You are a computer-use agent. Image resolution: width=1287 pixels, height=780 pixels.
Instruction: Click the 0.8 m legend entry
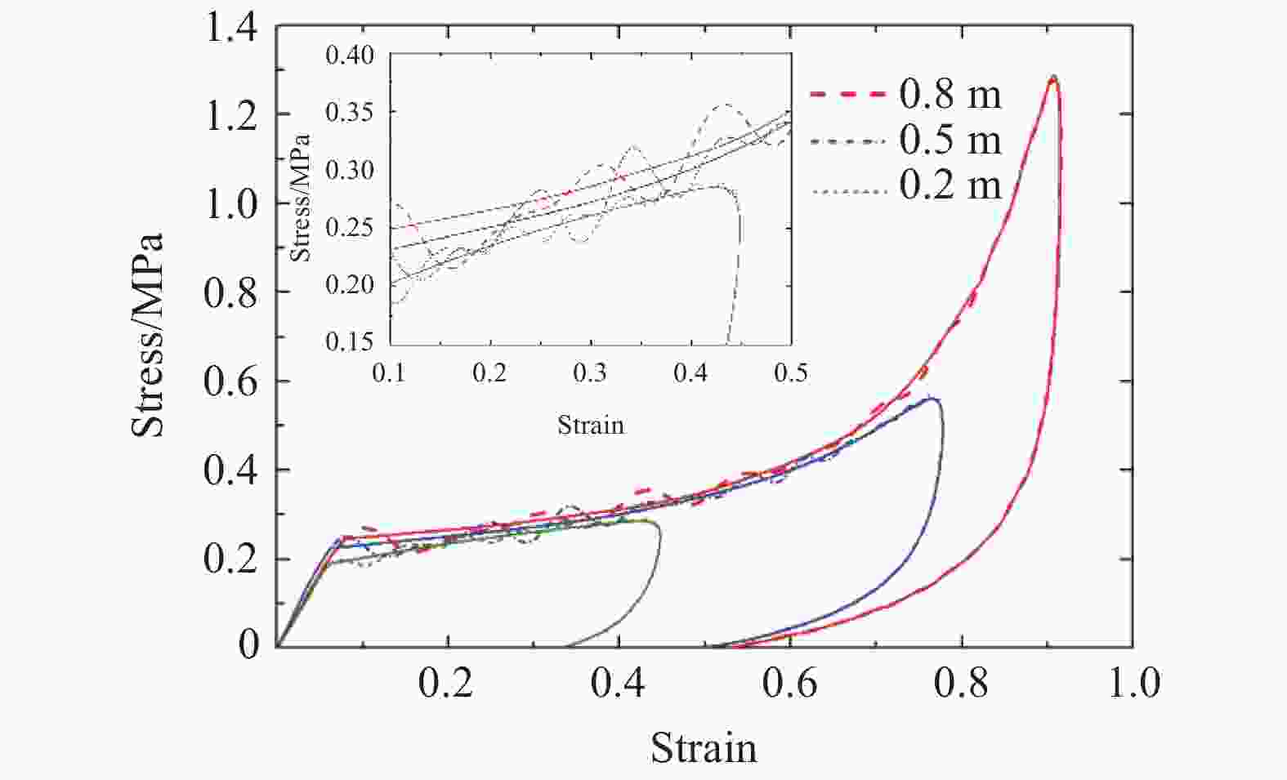click(x=950, y=95)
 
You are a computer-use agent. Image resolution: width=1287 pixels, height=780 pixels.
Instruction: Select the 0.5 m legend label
click(x=950, y=140)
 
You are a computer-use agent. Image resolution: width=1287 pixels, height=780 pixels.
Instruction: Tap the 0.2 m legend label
click(x=950, y=185)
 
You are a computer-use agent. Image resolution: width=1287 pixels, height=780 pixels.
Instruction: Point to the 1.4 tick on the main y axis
click(x=231, y=29)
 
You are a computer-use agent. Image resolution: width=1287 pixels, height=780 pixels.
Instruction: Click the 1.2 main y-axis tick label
click(x=231, y=115)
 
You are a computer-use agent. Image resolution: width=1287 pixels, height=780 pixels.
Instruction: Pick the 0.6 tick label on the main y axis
click(x=231, y=381)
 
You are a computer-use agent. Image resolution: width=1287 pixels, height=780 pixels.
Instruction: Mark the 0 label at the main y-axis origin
click(x=249, y=644)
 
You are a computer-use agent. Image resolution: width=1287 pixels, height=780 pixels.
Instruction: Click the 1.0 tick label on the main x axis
click(x=1133, y=683)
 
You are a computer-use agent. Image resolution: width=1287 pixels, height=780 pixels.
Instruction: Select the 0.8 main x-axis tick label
click(x=962, y=683)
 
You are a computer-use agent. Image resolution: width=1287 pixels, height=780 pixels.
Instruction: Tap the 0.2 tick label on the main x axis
click(x=446, y=683)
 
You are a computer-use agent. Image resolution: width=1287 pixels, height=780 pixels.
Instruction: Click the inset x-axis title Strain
click(x=591, y=425)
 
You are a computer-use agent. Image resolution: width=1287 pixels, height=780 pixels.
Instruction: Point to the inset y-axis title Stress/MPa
click(x=301, y=196)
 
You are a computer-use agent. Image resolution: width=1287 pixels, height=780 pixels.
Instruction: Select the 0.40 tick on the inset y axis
click(x=350, y=56)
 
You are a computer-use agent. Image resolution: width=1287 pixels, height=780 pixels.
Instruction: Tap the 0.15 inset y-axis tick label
click(x=350, y=341)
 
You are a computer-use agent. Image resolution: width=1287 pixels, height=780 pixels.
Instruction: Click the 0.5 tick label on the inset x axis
click(x=790, y=373)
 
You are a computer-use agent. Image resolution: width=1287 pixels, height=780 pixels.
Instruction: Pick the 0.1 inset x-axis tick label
click(x=391, y=373)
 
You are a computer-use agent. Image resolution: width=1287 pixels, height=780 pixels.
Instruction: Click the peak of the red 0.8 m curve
click(x=1053, y=78)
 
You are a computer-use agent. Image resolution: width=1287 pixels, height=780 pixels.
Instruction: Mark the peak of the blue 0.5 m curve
click(x=930, y=399)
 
